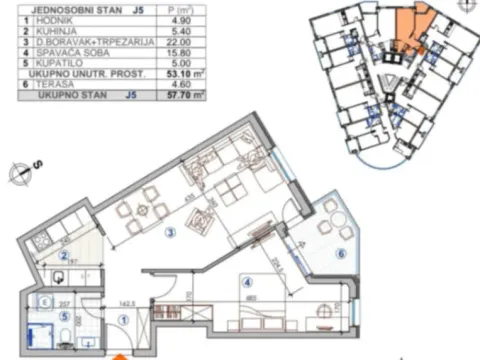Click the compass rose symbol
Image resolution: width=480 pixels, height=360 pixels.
[21, 172]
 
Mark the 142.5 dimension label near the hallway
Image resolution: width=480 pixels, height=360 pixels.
[127, 297]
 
